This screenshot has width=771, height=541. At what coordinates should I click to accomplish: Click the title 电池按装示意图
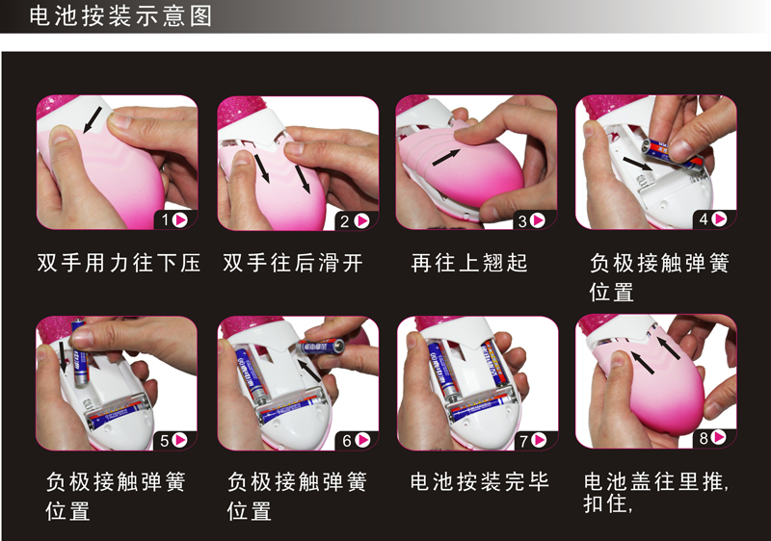click(x=120, y=16)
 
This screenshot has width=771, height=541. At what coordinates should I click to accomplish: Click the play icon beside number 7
click(x=540, y=440)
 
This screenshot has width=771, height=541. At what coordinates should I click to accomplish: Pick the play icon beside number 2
click(x=362, y=220)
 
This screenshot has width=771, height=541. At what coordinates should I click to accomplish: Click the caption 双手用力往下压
click(x=119, y=263)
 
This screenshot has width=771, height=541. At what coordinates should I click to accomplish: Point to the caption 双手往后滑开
click(x=293, y=263)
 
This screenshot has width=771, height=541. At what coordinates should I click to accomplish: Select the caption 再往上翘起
click(x=469, y=263)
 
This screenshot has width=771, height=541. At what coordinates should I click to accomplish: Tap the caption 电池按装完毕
click(x=480, y=481)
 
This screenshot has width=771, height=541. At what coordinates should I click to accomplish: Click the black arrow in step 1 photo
click(x=93, y=119)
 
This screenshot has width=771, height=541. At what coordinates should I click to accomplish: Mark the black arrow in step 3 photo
click(x=446, y=158)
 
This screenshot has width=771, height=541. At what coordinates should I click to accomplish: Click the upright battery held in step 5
click(x=80, y=353)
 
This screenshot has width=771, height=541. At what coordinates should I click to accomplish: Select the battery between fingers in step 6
click(x=322, y=347)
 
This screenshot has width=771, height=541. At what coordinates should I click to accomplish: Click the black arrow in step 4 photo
click(x=638, y=164)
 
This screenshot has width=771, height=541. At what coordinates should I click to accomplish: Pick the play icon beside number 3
click(x=539, y=220)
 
